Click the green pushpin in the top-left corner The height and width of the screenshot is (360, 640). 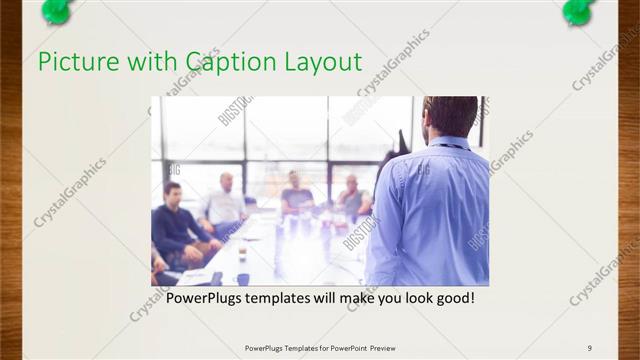tap(57, 10)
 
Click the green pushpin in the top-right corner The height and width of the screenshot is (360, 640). tap(577, 10)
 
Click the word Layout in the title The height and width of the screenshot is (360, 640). tap(322, 62)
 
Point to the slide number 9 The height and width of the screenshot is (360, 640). tap(590, 347)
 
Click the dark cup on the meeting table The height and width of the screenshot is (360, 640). tap(242, 278)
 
